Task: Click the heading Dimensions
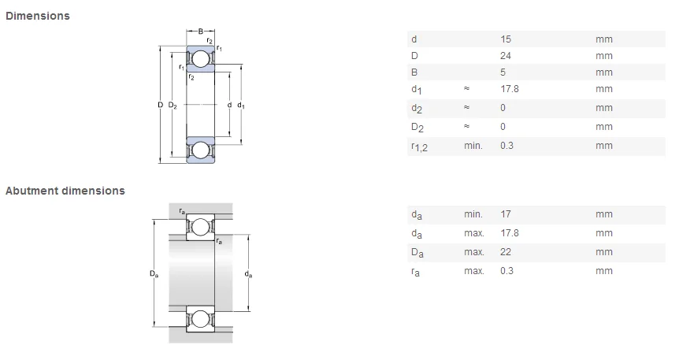click(x=37, y=16)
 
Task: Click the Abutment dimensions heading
click(x=65, y=191)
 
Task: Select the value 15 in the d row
click(x=505, y=39)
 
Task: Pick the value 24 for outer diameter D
click(x=506, y=56)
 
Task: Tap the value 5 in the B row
click(x=503, y=72)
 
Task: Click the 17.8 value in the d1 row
click(x=509, y=89)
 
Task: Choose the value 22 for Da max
click(x=506, y=252)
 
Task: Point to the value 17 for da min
click(x=505, y=214)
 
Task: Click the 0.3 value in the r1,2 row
click(x=506, y=146)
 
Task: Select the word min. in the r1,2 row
click(x=473, y=146)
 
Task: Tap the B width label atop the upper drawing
click(x=200, y=32)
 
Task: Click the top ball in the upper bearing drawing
click(x=200, y=59)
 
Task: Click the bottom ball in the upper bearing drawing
click(x=200, y=149)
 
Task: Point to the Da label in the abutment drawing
click(x=154, y=273)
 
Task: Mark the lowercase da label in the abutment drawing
click(x=249, y=274)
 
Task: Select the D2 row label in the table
click(x=417, y=128)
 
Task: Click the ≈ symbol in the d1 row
click(x=466, y=89)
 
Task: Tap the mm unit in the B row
click(x=603, y=72)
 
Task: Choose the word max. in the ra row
click(x=473, y=271)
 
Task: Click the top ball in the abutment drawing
click(x=200, y=227)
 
